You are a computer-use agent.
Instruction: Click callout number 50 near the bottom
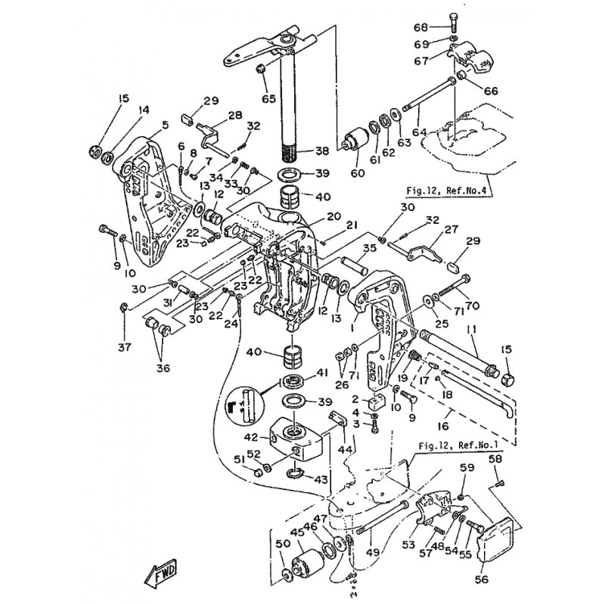point(282,543)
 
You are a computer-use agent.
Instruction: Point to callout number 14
point(144,110)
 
